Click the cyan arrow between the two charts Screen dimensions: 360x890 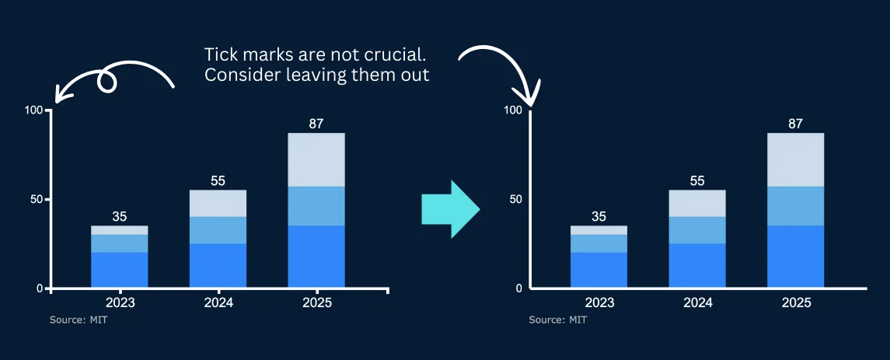point(449,209)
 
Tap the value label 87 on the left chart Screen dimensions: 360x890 point(316,123)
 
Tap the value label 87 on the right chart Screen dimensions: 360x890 point(795,123)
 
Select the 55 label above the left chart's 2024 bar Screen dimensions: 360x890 point(218,180)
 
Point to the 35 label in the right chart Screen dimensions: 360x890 point(599,216)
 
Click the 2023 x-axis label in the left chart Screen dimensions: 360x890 point(120,302)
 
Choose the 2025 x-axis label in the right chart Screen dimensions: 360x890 point(795,302)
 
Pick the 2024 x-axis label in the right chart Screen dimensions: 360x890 point(697,302)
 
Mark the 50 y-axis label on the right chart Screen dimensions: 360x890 point(515,199)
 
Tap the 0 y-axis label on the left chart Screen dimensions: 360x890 point(40,288)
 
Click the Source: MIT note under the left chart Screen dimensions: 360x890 point(79,320)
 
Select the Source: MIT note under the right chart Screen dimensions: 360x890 point(558,320)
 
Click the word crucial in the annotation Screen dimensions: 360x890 point(399,55)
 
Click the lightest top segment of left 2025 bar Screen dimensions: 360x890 point(316,159)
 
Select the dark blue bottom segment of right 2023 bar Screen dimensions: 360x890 point(599,269)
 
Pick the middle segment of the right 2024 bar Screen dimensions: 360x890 point(697,230)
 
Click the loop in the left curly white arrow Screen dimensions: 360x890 point(106,80)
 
